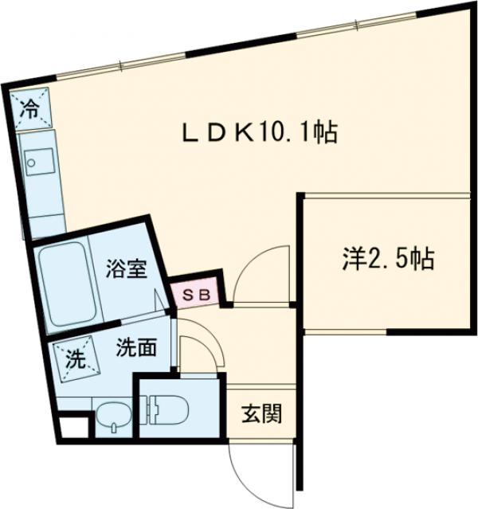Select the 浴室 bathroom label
tap(125, 270)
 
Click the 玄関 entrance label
tap(261, 414)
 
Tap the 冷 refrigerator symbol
tap(29, 109)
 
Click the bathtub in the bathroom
tap(67, 282)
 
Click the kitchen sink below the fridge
tap(34, 165)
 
